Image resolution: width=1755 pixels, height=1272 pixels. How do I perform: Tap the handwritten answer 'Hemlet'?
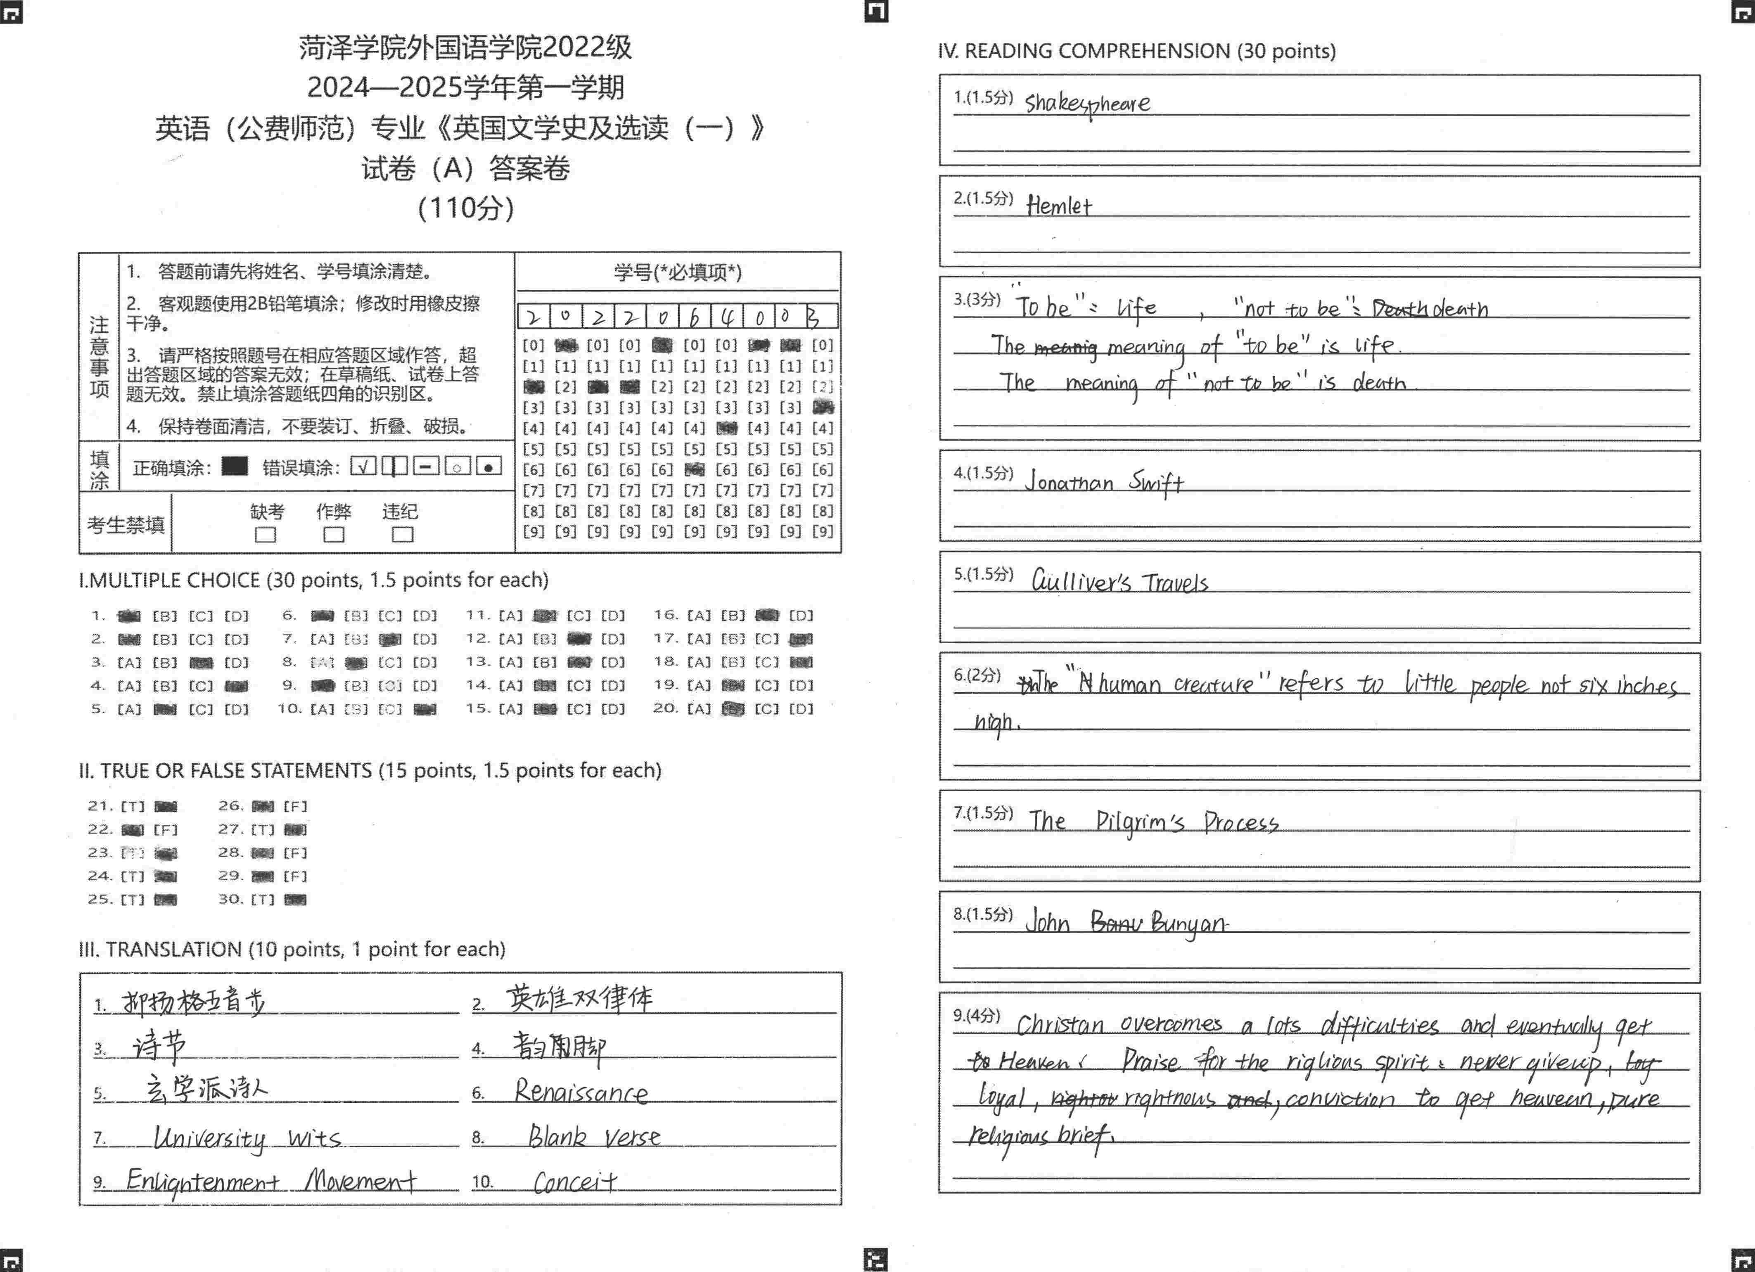pos(1058,206)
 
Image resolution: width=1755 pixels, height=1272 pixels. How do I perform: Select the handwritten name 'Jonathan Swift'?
pos(1104,482)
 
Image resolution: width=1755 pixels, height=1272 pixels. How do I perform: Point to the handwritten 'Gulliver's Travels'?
pos(1119,582)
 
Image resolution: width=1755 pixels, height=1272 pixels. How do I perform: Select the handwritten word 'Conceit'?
pos(575,1182)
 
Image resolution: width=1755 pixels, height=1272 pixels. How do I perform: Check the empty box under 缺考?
pos(266,535)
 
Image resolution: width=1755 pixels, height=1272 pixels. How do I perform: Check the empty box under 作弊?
pos(334,535)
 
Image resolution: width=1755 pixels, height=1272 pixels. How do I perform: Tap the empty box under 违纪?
pos(402,535)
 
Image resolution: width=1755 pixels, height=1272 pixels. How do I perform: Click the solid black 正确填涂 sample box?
pos(235,466)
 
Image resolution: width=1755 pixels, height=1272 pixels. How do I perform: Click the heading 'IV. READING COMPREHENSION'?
pos(1136,51)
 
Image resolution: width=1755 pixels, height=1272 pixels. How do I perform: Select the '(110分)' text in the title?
pos(466,207)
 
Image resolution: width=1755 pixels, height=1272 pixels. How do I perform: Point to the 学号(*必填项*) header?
pos(678,272)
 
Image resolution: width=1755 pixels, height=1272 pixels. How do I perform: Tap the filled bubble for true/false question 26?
pos(263,806)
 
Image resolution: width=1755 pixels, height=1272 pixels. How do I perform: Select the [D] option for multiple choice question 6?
pos(424,616)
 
